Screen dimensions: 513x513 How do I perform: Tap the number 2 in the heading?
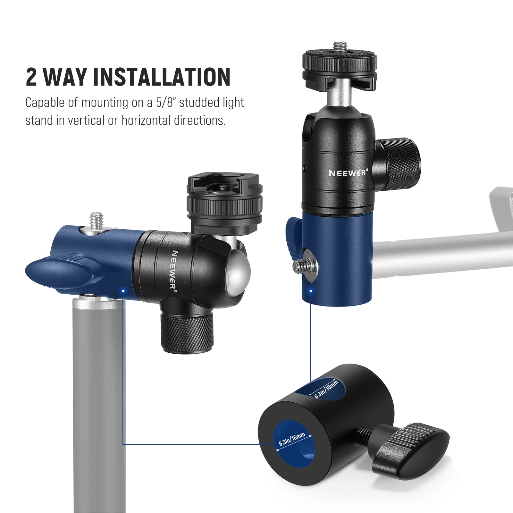tap(31, 77)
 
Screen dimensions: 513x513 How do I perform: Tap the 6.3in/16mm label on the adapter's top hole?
tap(326, 389)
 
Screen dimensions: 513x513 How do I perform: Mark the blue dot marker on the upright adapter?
tap(310, 291)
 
